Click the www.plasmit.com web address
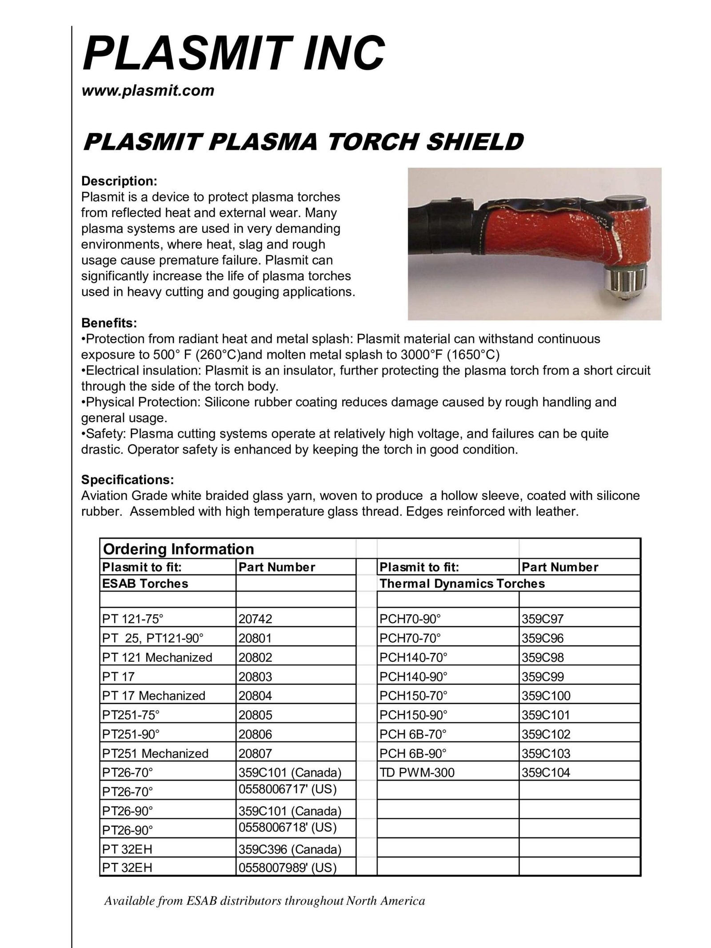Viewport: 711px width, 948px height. point(148,91)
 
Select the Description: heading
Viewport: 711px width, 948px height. point(119,181)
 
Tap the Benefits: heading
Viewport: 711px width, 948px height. point(109,323)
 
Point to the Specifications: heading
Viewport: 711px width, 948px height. point(127,480)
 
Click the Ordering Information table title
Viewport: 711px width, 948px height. point(178,549)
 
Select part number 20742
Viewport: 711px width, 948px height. point(255,619)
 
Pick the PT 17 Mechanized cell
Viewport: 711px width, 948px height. point(154,696)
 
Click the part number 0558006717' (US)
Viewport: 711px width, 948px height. point(287,789)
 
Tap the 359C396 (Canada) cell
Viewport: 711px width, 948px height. point(290,849)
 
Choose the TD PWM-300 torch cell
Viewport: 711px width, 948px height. point(417,772)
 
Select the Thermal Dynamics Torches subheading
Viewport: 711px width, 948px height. point(462,584)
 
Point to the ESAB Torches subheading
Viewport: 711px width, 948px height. point(145,584)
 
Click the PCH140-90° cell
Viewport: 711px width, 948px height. point(413,676)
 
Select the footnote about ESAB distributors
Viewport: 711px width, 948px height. point(264,901)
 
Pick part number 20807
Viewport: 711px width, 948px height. point(255,753)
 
